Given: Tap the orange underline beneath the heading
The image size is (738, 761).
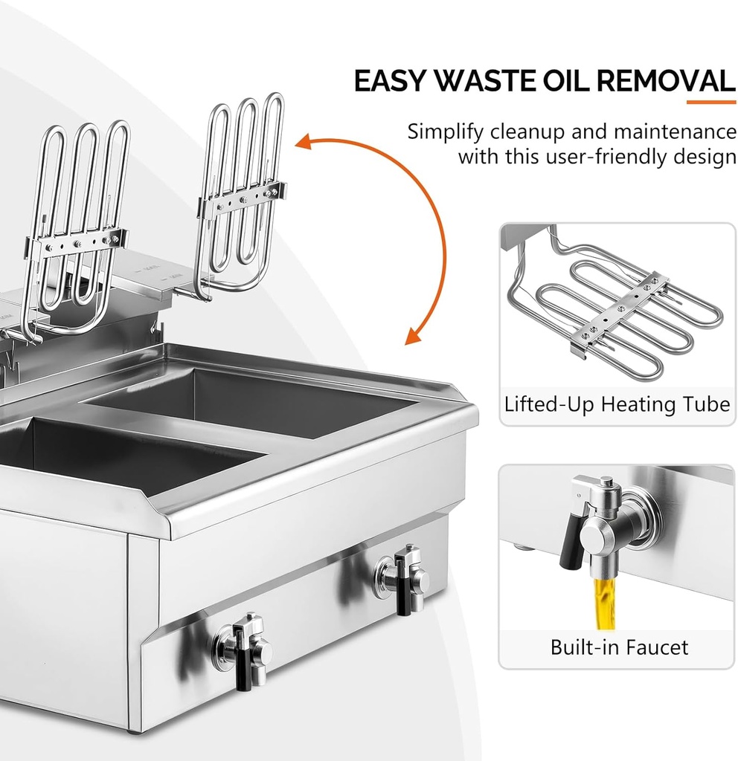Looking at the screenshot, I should click(x=710, y=102).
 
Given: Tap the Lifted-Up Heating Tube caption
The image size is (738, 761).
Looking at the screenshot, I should click(x=617, y=405).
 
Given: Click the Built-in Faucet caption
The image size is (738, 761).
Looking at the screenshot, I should click(x=619, y=647).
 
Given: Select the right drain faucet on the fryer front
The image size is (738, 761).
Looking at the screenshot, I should click(x=403, y=577).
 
